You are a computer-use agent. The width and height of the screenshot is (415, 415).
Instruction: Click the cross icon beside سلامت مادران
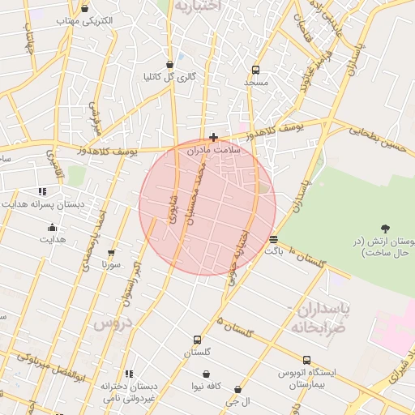213,137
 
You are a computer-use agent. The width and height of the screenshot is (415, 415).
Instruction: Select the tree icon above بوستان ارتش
385,229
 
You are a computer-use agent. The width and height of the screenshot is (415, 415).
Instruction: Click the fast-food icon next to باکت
273,239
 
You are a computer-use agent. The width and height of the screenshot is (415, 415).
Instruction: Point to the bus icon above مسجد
256,70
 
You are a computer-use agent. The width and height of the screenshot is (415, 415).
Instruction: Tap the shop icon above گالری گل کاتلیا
169,63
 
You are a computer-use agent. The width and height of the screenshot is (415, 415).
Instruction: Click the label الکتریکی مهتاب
85,19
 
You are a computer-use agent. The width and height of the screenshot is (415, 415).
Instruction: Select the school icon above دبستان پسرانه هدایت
42,191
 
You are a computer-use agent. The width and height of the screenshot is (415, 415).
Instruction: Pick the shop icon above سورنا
111,253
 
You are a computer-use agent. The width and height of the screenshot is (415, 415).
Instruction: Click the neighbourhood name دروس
111,323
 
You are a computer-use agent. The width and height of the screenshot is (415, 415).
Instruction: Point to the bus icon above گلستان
197,340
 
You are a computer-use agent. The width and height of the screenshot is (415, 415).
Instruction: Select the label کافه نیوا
207,386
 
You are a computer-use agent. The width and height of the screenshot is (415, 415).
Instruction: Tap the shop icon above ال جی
237,389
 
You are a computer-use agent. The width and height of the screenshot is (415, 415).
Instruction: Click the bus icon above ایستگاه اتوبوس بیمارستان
306,360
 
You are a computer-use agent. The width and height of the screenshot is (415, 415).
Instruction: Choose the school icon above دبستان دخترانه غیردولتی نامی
127,374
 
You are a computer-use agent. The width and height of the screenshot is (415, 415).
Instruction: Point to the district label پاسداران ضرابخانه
319,317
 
